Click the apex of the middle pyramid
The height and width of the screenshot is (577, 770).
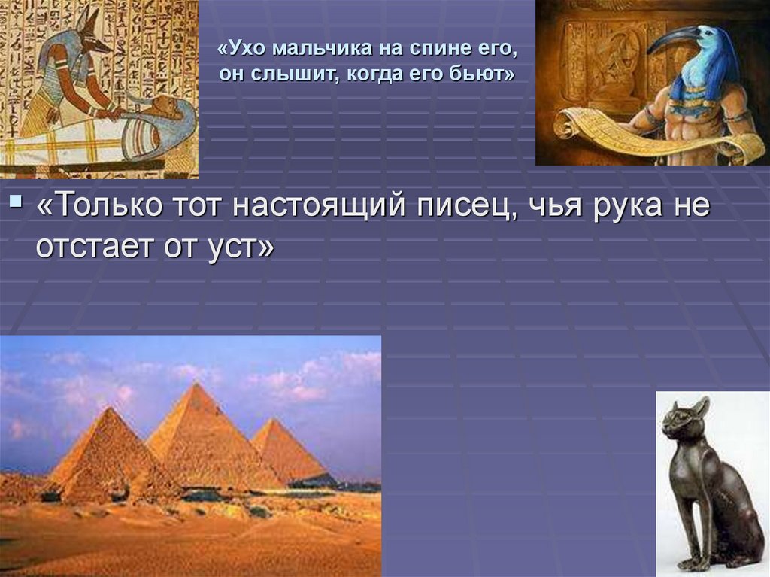(196, 385)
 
